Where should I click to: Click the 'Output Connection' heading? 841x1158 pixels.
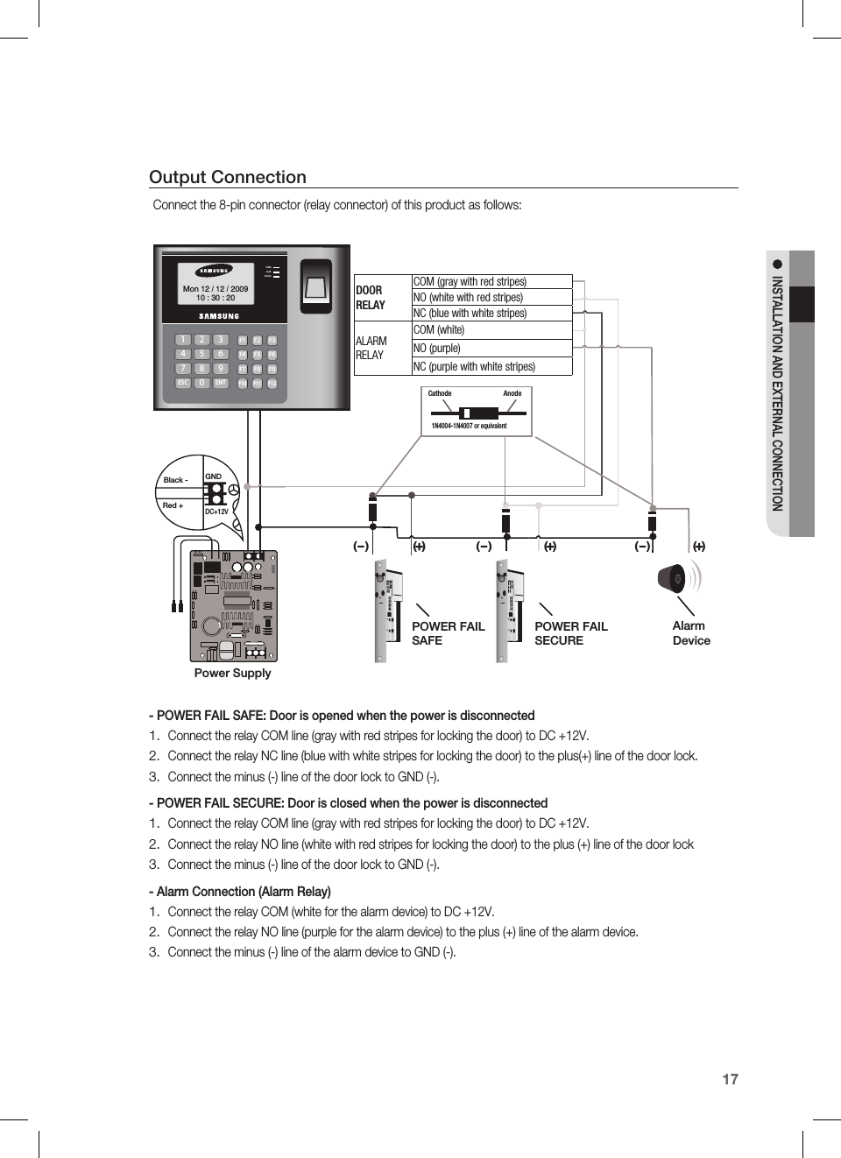tap(228, 177)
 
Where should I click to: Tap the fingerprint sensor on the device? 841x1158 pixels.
tap(316, 286)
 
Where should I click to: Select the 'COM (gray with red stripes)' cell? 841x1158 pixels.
tap(491, 282)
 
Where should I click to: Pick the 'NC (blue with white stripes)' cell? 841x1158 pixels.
tap(491, 314)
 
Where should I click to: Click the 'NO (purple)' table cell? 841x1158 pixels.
tap(491, 348)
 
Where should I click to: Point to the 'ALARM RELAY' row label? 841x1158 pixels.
tap(371, 348)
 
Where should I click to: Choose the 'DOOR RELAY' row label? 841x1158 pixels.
tap(371, 298)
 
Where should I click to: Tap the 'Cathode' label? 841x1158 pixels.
tap(440, 393)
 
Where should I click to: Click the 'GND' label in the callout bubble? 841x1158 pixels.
tap(213, 477)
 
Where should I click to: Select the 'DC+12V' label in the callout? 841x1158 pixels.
tap(216, 512)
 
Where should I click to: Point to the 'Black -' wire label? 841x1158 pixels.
tap(175, 480)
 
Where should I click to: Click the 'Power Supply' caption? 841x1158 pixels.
tap(232, 673)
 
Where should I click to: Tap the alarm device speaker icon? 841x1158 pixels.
tap(674, 579)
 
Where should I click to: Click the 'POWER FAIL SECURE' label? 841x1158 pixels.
tap(570, 633)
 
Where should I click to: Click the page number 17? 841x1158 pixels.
tap(730, 1079)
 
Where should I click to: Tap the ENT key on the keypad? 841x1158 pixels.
tap(221, 383)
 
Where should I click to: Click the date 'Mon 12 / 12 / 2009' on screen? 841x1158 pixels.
tap(216, 288)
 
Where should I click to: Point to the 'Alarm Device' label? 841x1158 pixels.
tap(690, 633)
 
